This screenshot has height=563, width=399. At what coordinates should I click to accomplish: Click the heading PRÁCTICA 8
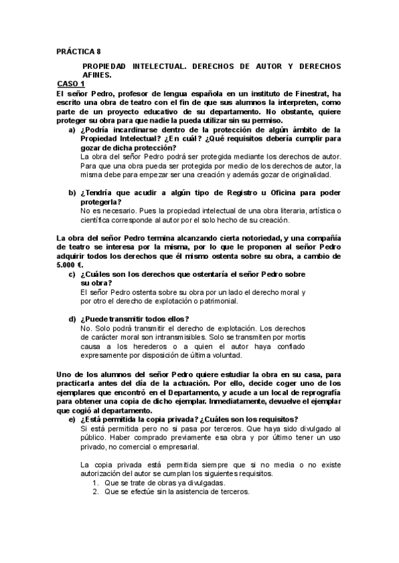click(78, 50)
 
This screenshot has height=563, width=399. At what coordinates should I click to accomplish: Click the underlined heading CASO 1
click(70, 84)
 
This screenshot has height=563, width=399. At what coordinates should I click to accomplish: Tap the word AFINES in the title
click(98, 76)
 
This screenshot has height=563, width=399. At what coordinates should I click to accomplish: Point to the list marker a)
click(72, 130)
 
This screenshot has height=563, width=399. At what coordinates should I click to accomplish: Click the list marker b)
click(72, 193)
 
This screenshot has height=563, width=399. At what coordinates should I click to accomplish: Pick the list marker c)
click(72, 274)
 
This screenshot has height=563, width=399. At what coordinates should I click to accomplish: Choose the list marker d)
click(72, 319)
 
